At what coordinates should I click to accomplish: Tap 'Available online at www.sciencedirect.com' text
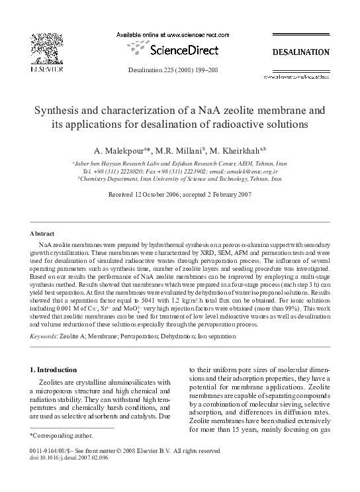tap(179, 34)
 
